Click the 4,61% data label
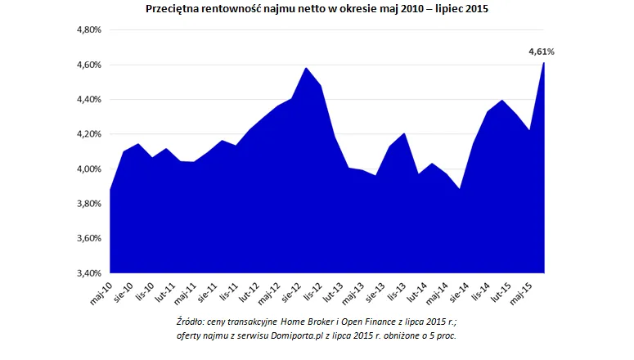(541, 52)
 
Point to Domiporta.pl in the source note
(308, 335)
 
